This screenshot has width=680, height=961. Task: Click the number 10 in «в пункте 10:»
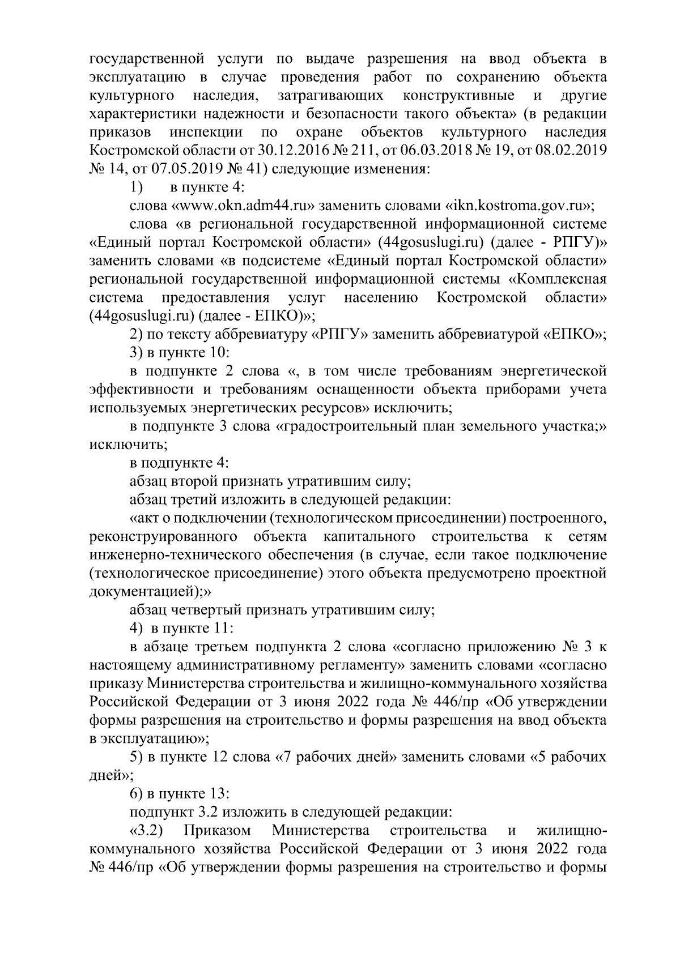[x=218, y=353]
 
